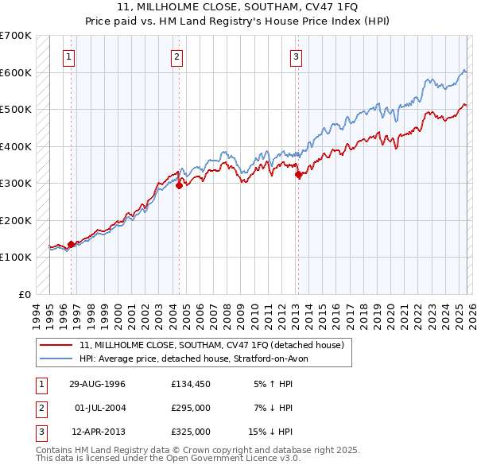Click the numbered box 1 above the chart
[70, 56]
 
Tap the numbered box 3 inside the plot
[296, 56]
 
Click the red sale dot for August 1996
[72, 245]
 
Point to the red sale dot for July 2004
[179, 185]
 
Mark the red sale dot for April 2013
[298, 175]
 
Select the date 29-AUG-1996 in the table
[97, 384]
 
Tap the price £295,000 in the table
[190, 408]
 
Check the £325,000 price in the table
[190, 432]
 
